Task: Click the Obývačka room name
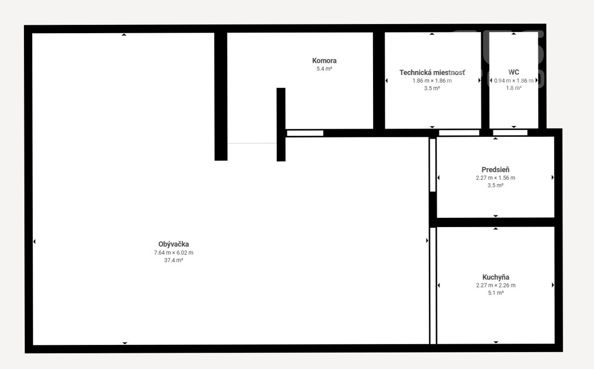point(174,244)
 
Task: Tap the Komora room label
point(324,61)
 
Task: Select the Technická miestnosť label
point(432,72)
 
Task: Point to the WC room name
point(514,72)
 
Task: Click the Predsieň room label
point(496,170)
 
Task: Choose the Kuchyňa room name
point(496,277)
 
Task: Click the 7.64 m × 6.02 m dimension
point(174,253)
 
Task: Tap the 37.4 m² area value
point(174,260)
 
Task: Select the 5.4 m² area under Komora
point(324,69)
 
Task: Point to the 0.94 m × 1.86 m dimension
point(514,81)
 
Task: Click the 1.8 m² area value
point(514,88)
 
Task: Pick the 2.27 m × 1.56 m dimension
point(496,178)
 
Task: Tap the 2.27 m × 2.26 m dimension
point(496,285)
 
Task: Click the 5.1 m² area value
point(496,293)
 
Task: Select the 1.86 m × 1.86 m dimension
point(432,81)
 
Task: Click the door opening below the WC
point(510,133)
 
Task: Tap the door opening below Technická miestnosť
point(459,133)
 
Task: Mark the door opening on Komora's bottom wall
point(305,133)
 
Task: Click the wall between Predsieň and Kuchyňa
point(496,223)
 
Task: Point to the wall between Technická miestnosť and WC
point(485,80)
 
